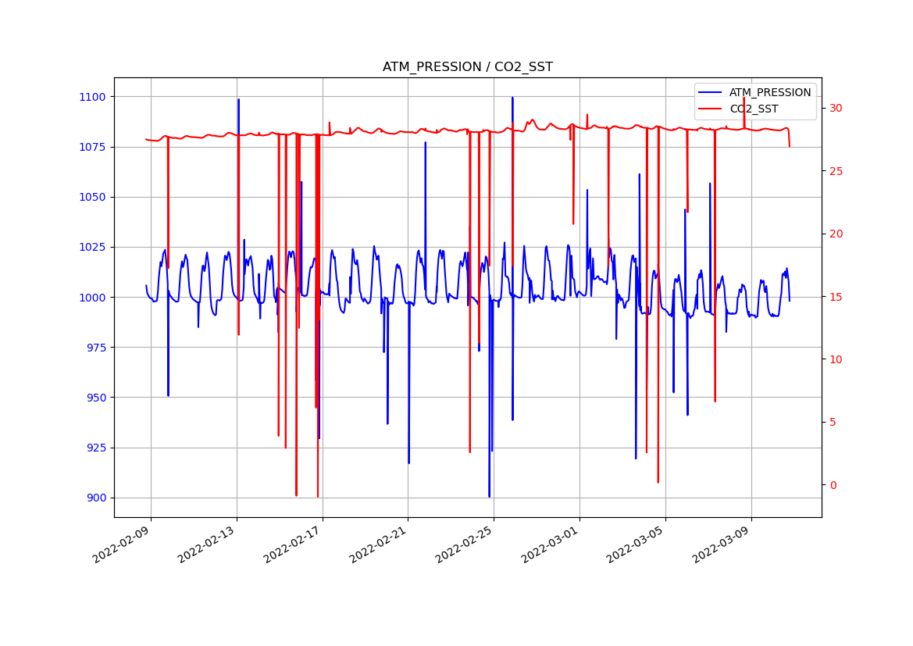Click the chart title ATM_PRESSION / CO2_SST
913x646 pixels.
[467, 67]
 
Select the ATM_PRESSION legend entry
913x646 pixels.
[769, 92]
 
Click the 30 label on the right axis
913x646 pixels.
[837, 108]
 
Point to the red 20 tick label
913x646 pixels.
[837, 234]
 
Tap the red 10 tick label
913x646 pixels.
[837, 359]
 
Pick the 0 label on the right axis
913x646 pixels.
[834, 485]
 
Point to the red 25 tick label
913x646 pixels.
[837, 171]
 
